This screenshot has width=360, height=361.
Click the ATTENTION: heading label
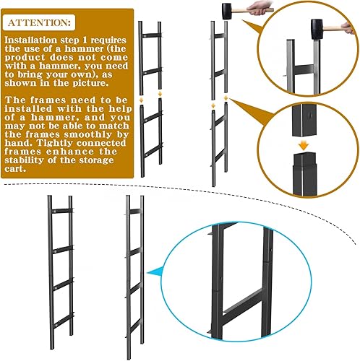[38, 23]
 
